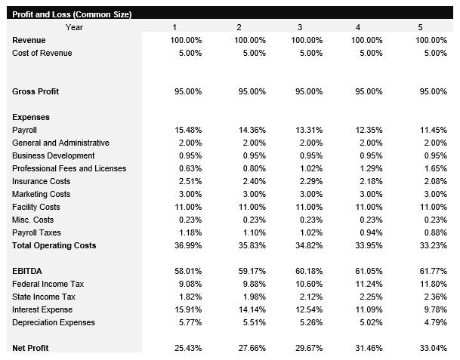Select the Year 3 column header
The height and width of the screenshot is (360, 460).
pyautogui.click(x=299, y=28)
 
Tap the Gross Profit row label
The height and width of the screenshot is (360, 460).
pyautogui.click(x=36, y=91)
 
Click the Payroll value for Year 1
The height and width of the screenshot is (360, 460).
pyautogui.click(x=188, y=130)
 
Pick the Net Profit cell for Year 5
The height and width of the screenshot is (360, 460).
pyautogui.click(x=432, y=348)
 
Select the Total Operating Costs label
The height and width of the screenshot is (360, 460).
pyautogui.click(x=54, y=245)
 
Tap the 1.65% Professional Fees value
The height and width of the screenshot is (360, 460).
pyautogui.click(x=434, y=168)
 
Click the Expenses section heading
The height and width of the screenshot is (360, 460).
pyautogui.click(x=31, y=117)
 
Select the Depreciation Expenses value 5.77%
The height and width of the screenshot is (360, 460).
pyautogui.click(x=188, y=322)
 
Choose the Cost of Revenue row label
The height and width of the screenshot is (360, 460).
pyautogui.click(x=42, y=53)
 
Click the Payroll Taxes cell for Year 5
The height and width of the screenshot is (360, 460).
pyautogui.click(x=434, y=232)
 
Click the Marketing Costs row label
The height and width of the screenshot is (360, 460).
pyautogui.click(x=42, y=194)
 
